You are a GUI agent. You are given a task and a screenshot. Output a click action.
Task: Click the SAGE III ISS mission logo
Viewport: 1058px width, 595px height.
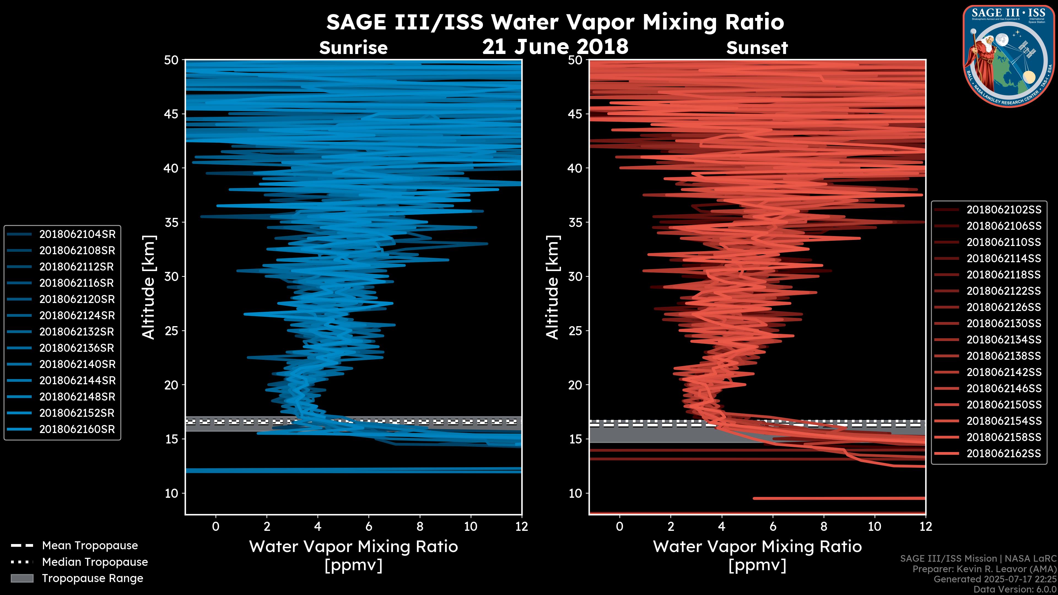tap(1009, 56)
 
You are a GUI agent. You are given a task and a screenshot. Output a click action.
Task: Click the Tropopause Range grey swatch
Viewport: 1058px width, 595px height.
tap(22, 578)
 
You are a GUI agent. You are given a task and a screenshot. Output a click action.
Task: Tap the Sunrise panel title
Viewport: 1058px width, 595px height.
tap(353, 48)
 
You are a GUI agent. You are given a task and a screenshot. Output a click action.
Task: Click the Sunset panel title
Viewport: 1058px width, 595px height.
tap(757, 48)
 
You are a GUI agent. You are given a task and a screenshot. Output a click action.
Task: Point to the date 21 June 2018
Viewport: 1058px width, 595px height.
tap(555, 46)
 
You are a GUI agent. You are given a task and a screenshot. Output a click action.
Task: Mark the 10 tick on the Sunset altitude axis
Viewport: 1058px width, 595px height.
tap(575, 493)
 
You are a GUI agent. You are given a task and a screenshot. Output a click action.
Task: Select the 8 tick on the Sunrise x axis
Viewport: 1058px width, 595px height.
tap(420, 526)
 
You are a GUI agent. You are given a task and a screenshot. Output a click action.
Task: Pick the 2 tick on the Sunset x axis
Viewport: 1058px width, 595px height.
tap(671, 526)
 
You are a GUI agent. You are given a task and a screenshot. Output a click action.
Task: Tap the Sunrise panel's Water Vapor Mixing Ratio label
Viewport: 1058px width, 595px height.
tap(353, 547)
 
